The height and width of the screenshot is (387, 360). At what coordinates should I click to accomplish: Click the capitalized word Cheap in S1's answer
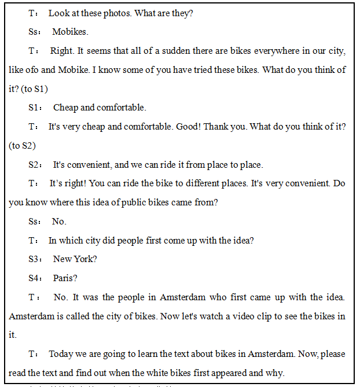(x=65, y=108)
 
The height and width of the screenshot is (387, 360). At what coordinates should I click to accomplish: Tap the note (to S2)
(x=22, y=145)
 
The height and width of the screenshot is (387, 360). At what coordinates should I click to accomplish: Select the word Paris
(x=65, y=278)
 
